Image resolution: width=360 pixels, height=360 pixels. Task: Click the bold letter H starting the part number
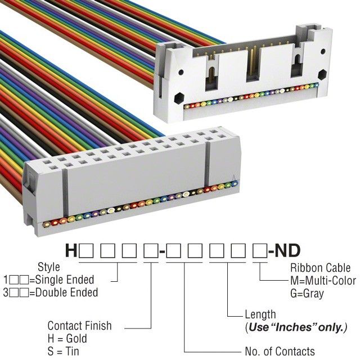click(x=71, y=251)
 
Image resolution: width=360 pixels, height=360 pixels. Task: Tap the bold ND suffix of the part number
click(x=287, y=251)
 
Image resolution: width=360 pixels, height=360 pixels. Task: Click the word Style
click(x=49, y=267)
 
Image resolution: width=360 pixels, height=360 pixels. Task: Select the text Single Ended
click(x=65, y=280)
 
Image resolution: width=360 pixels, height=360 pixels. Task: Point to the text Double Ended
click(x=67, y=292)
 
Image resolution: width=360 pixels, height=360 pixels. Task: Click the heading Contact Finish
click(x=79, y=326)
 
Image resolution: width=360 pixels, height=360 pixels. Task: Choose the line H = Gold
click(x=67, y=339)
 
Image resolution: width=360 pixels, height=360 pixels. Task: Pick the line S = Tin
click(x=64, y=351)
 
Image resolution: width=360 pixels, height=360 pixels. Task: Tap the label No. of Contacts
click(x=280, y=351)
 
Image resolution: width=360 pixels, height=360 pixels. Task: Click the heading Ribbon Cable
click(x=320, y=268)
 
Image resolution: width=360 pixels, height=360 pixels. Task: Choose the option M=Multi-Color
click(x=323, y=281)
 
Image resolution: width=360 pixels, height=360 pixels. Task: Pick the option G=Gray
click(x=307, y=294)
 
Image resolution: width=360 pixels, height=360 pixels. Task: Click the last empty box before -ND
click(x=260, y=251)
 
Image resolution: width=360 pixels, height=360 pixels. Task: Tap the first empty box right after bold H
click(x=86, y=251)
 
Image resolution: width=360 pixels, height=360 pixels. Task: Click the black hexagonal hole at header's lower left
click(x=179, y=98)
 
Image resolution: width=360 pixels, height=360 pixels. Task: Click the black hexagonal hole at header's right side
click(x=322, y=74)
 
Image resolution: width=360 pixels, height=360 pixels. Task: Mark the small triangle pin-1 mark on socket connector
click(x=234, y=178)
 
